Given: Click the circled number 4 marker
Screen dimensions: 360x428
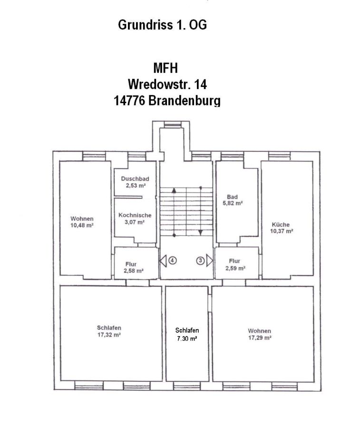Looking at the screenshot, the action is (x=173, y=261).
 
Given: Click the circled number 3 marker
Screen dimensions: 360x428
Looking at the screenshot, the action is (x=200, y=261).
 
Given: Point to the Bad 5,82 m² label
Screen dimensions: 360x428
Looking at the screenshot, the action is (x=233, y=200).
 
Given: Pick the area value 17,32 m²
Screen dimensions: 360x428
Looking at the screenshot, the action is (x=109, y=335).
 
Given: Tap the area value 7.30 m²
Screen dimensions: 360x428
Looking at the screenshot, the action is (x=187, y=339).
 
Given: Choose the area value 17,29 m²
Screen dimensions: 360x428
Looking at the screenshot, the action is (x=260, y=338).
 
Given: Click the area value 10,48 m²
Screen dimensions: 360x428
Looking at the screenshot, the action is (x=82, y=225).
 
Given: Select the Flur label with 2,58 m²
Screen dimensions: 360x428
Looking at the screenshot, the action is (x=133, y=267).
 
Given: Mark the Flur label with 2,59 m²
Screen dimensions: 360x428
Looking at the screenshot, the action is (x=235, y=265).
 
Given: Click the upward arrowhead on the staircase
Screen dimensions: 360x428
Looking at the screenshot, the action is (x=174, y=190).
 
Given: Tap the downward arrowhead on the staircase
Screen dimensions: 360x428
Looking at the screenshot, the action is (x=201, y=232).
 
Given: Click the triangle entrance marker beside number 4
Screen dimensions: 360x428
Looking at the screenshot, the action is (x=163, y=261).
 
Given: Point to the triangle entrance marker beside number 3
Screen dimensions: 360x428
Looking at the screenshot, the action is (x=210, y=261).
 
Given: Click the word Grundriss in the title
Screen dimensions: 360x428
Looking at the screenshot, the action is (x=146, y=25).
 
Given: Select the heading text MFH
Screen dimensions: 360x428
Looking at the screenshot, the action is (x=165, y=68).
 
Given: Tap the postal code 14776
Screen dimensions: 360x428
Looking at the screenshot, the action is (x=129, y=101).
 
